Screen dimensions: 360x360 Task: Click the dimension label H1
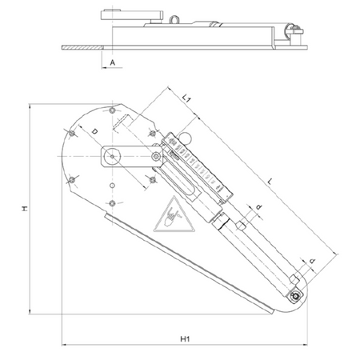185,339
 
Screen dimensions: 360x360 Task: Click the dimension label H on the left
25,209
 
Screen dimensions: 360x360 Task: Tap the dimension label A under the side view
113,62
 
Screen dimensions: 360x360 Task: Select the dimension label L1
186,98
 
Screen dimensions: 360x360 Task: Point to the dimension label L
270,182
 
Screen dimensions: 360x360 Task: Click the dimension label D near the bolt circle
94,131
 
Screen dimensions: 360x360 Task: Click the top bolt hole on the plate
113,110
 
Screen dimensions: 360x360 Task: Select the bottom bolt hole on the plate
113,203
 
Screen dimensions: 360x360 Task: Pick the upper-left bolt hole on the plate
72,133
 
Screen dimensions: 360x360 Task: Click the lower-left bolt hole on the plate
72,180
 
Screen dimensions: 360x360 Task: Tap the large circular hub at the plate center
112,156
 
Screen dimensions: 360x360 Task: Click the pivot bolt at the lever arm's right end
156,156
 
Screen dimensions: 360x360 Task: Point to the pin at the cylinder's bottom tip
295,296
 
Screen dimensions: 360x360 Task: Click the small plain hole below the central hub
112,186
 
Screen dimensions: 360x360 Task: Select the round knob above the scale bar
185,138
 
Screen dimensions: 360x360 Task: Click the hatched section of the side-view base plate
82,47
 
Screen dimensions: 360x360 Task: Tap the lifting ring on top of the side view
174,19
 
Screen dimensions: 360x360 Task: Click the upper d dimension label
258,206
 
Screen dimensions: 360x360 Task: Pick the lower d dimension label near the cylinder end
313,261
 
